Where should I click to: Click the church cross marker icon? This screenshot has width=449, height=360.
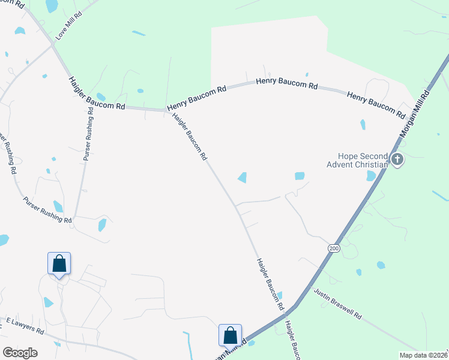tap(396, 159)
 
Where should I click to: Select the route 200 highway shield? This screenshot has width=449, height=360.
tap(334, 248)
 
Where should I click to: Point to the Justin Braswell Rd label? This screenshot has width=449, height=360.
tap(338, 304)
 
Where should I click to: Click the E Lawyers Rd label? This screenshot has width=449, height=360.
tap(25, 326)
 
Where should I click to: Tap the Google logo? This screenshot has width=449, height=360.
tap(20, 352)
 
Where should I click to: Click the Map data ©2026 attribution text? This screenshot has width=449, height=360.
tap(423, 355)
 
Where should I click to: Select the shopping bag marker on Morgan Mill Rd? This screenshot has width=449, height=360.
tap(230, 335)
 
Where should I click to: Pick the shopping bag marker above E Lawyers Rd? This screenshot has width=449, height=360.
tap(59, 263)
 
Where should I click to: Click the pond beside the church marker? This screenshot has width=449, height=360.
tap(371, 176)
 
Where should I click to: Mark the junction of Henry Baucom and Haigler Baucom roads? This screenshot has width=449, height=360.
tap(166, 110)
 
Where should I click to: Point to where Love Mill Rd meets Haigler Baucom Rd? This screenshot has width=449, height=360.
tap(53, 43)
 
